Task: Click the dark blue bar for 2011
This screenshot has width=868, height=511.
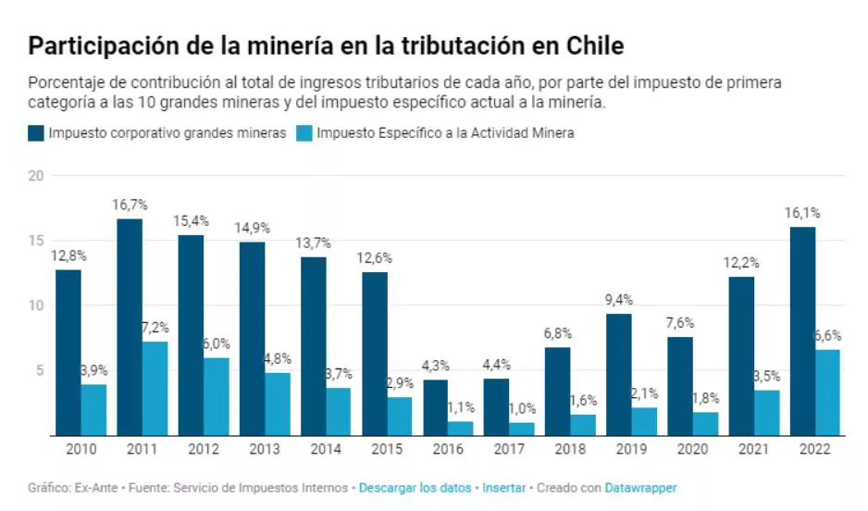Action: tap(129, 327)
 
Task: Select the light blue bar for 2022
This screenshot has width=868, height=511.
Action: tap(827, 392)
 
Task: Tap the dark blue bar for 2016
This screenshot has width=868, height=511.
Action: tap(436, 407)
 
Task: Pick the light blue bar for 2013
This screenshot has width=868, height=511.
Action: tap(277, 404)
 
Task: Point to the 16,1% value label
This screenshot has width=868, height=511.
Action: tap(802, 212)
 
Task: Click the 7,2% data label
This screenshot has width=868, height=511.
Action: tap(155, 327)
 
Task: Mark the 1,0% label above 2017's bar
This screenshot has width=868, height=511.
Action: tap(522, 408)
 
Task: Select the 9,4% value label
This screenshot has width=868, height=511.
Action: tap(619, 298)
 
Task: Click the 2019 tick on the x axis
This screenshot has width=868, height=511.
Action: tap(632, 449)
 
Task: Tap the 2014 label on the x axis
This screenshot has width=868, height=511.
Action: tap(326, 449)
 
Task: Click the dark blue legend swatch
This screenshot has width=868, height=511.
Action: tap(36, 133)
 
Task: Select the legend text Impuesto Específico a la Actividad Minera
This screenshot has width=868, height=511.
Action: tap(445, 133)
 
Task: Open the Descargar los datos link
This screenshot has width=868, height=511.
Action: tap(415, 488)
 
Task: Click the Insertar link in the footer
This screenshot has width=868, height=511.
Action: tap(503, 488)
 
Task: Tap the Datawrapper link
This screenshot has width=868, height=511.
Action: tap(640, 488)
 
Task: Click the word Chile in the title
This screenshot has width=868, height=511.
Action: tap(591, 45)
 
